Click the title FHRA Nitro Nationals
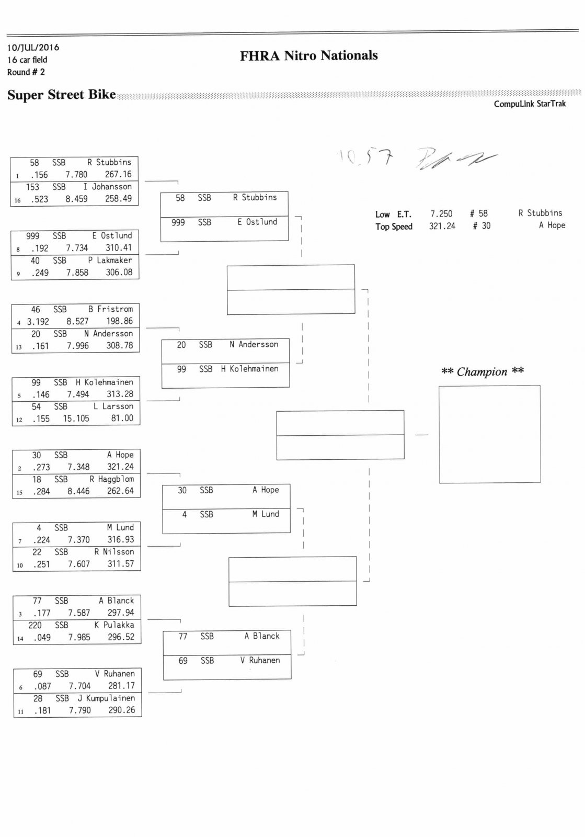(308, 55)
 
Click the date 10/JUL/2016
(33, 48)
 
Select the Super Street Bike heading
(61, 95)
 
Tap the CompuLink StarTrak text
(530, 104)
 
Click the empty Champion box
(489, 434)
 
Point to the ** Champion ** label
(482, 371)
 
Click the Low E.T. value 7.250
(441, 213)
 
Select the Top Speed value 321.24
(442, 226)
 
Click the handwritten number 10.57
(365, 156)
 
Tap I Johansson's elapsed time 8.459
(76, 199)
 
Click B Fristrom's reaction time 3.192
(38, 321)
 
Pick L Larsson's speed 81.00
(122, 418)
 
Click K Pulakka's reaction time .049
(42, 637)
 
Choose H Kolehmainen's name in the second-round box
(249, 369)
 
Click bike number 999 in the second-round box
(178, 222)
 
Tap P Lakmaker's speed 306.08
(119, 272)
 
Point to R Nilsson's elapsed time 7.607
(79, 564)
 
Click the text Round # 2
(26, 72)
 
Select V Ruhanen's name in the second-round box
(260, 660)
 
